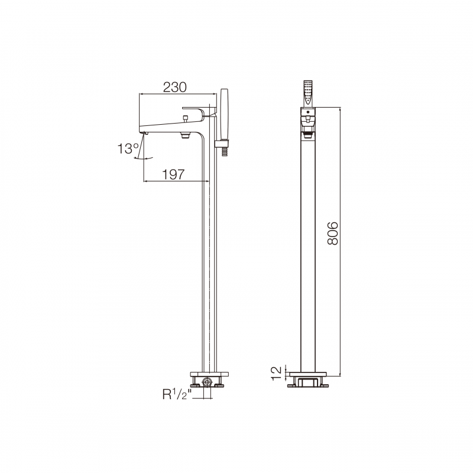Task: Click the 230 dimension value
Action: pos(174,87)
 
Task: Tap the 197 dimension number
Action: pos(173,174)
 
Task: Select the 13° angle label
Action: pos(128,149)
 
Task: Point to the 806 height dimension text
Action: pos(333,234)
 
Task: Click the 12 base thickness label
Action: pos(277,373)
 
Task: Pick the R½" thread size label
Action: pos(177,394)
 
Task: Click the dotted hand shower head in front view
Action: pos(308,93)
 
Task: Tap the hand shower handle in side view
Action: pos(225,114)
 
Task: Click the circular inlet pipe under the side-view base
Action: pos(207,382)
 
